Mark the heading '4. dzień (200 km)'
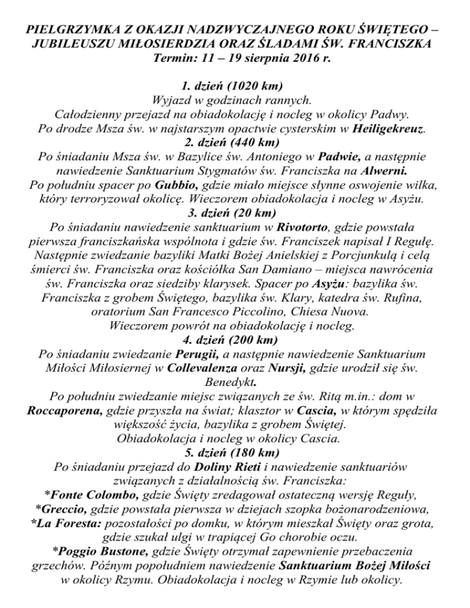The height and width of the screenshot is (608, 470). (235, 347)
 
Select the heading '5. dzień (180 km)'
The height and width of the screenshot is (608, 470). (235, 463)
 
